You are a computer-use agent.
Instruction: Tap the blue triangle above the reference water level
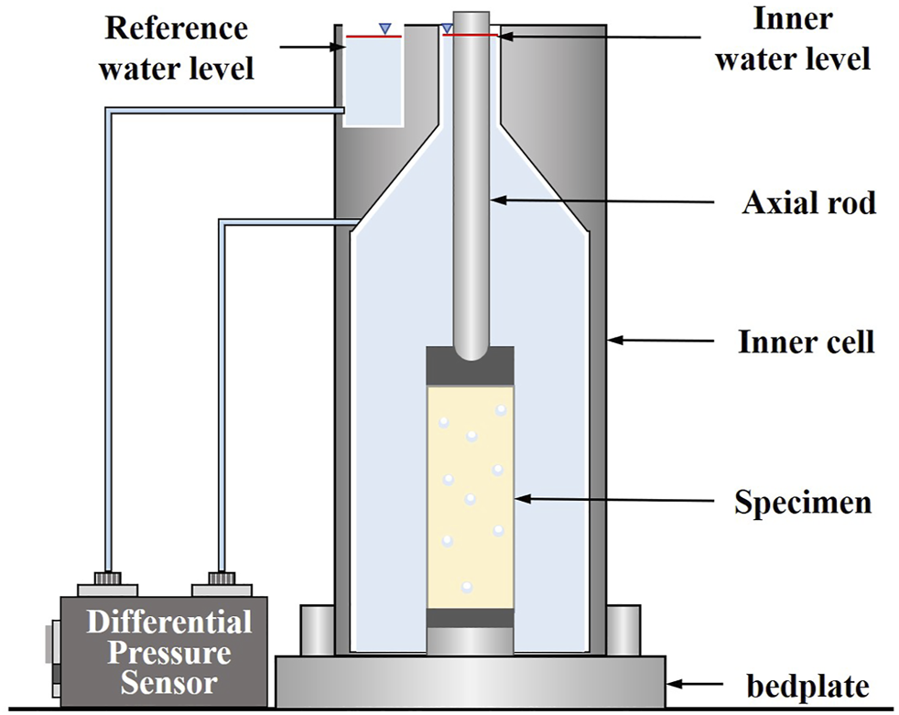[385, 27]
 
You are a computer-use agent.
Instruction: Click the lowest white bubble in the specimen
[466, 587]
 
